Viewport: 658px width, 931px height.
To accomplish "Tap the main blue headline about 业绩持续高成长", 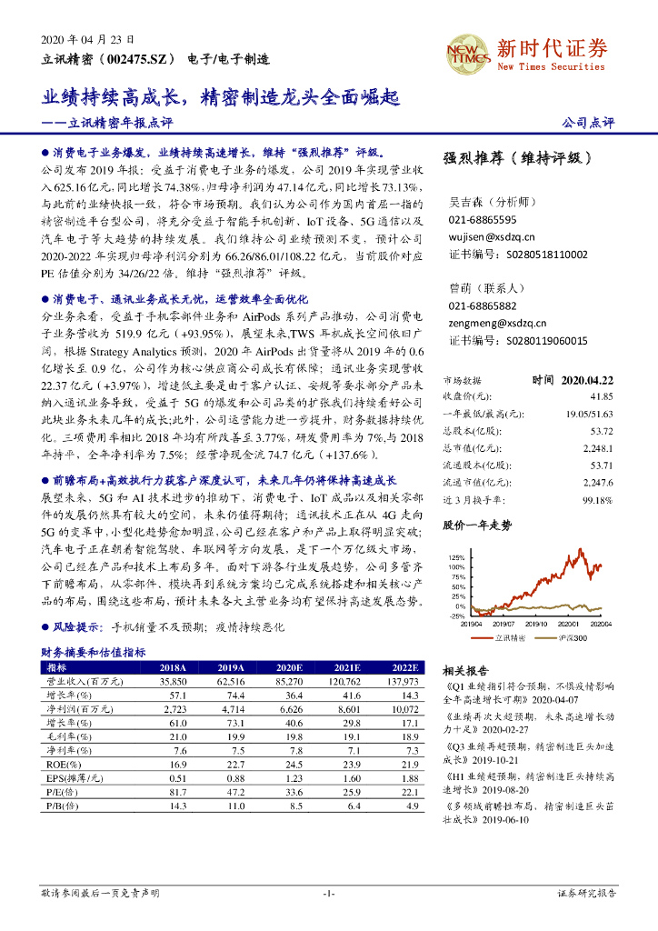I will (x=223, y=97).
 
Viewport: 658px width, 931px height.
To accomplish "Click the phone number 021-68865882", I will (x=483, y=306).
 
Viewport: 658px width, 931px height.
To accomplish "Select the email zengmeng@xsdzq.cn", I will (x=497, y=323).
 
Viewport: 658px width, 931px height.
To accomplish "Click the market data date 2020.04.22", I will (x=587, y=380).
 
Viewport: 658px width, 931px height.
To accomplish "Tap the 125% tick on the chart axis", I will (x=456, y=557).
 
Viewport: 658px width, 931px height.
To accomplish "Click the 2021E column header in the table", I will (x=345, y=666).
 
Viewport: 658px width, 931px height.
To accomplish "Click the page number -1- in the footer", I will (x=329, y=894).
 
